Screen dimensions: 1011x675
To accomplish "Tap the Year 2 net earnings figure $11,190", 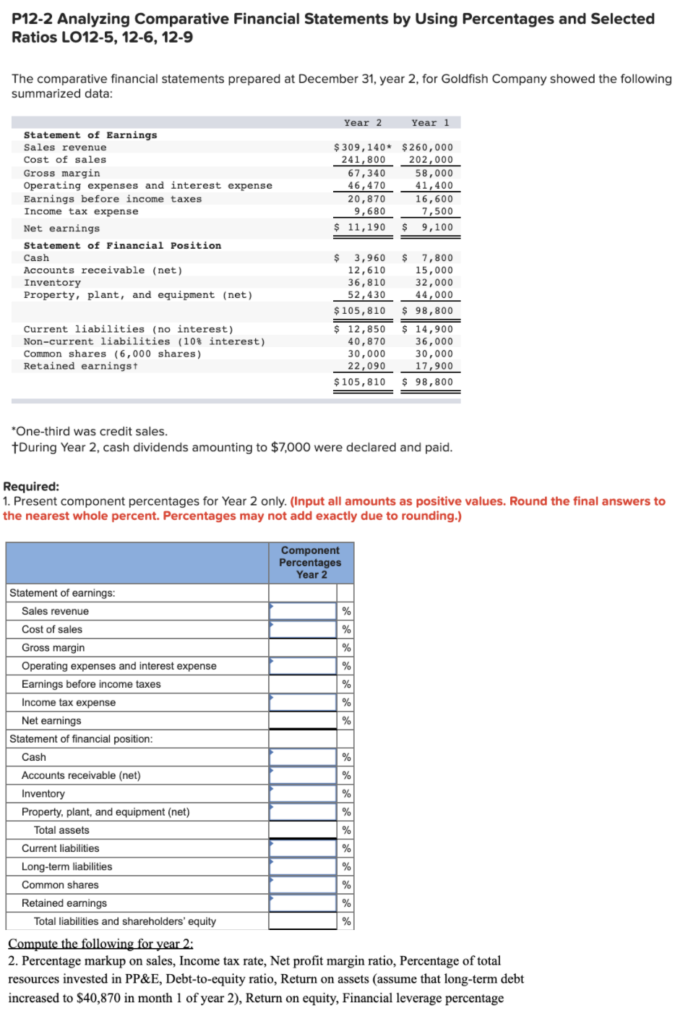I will click(x=360, y=227).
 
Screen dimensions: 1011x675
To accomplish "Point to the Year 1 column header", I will click(x=430, y=123).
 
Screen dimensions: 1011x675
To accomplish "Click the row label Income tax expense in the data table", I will click(x=81, y=211).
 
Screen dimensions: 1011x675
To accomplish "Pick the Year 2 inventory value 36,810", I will click(x=366, y=283).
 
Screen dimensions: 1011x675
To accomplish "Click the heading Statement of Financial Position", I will click(x=122, y=246).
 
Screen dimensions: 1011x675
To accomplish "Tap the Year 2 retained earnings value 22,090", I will click(x=366, y=366).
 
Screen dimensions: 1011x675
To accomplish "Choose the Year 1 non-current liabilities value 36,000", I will click(x=434, y=341).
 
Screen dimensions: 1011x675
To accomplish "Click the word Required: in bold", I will click(x=31, y=487).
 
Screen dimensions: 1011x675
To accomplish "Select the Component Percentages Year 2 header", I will click(x=311, y=563).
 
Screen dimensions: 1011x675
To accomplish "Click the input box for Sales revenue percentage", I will click(x=303, y=611).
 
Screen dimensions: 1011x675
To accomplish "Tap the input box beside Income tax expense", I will click(x=303, y=702).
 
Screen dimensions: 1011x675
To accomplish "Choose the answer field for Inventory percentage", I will click(x=303, y=793).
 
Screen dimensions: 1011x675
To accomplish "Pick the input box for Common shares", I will click(x=303, y=884).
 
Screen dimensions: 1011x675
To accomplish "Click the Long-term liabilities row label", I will click(x=66, y=866).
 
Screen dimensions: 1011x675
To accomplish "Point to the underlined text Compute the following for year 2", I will click(x=100, y=944).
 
